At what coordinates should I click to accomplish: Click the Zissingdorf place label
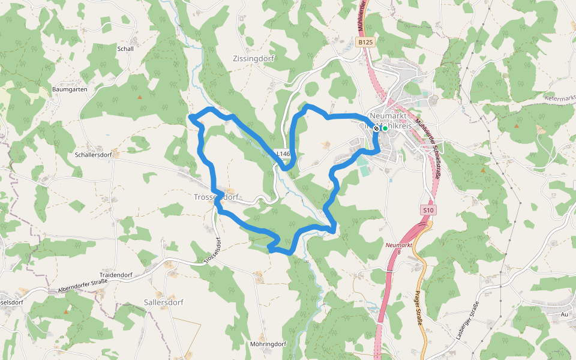[x=253, y=59]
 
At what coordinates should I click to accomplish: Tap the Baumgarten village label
[x=70, y=89]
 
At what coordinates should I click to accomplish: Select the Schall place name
[x=126, y=49]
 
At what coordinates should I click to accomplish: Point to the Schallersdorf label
[x=94, y=154]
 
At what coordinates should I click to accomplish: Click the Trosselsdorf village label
[x=217, y=197]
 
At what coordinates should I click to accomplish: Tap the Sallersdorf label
[x=164, y=302]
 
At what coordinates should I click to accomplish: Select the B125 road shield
[x=364, y=42]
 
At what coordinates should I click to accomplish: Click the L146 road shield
[x=283, y=154]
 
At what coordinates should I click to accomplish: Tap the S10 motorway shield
[x=428, y=210]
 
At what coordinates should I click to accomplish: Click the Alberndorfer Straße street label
[x=83, y=284]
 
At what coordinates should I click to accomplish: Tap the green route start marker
[x=385, y=128]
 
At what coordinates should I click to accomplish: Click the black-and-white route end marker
[x=376, y=128]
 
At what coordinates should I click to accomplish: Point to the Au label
[x=564, y=314]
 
